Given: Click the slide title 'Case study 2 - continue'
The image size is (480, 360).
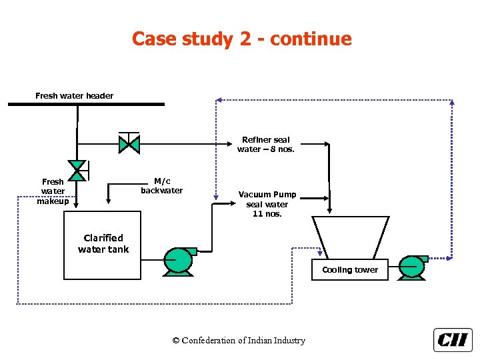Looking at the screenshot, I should click(x=241, y=39).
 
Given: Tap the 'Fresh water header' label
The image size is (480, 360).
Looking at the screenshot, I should click(x=74, y=96).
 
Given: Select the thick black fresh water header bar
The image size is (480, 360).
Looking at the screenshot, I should click(x=86, y=104).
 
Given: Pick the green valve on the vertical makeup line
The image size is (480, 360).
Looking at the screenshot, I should click(x=78, y=171).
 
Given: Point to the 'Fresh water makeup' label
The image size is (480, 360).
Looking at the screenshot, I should click(x=53, y=191).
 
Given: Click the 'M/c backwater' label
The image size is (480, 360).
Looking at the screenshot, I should click(x=161, y=186).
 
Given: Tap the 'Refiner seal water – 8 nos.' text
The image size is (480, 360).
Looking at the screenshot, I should click(x=265, y=145).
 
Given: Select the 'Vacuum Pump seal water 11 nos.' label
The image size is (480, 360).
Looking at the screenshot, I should click(x=267, y=205).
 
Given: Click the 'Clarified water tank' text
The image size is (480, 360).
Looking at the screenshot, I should click(x=103, y=243).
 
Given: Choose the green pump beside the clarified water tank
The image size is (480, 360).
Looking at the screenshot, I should click(x=179, y=261).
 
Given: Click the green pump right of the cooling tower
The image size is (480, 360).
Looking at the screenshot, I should click(x=412, y=267).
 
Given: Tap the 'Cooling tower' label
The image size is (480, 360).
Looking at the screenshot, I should click(x=350, y=270).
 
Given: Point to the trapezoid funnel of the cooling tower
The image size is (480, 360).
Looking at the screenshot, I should click(x=350, y=237).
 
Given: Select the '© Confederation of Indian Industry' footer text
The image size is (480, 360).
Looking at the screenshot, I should click(x=239, y=341).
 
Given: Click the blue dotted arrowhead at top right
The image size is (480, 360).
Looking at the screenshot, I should click(x=451, y=102).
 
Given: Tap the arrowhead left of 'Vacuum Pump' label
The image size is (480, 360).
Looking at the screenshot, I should click(x=216, y=197).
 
